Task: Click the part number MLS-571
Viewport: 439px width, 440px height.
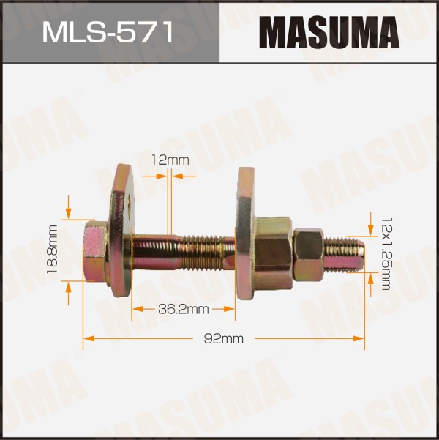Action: click(x=108, y=32)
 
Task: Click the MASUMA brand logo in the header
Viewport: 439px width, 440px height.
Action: click(x=329, y=32)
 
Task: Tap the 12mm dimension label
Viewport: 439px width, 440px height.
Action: click(x=170, y=160)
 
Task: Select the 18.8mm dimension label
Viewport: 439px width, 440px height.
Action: click(x=53, y=250)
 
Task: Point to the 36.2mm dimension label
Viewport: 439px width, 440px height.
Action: click(x=184, y=309)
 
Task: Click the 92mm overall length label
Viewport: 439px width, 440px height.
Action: click(x=224, y=339)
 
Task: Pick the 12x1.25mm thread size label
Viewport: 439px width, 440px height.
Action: click(x=386, y=253)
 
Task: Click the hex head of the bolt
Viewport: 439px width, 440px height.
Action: click(x=95, y=250)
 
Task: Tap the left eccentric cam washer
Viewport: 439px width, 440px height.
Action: click(x=121, y=231)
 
